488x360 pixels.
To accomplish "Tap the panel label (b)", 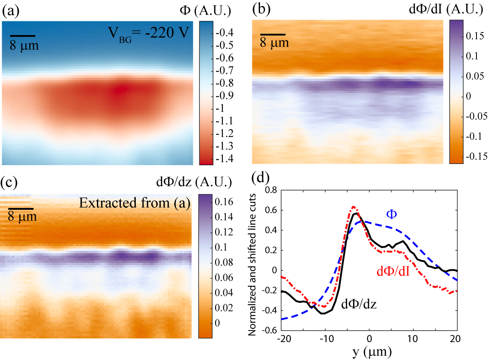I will point(260,10).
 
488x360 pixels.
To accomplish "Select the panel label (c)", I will point(10,182).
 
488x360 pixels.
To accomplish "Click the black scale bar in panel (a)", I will point(23,36).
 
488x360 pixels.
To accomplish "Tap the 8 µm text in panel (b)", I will point(275,43).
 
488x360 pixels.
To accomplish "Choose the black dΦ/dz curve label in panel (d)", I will point(359,304).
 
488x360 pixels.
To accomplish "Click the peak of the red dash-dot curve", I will point(354,207).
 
